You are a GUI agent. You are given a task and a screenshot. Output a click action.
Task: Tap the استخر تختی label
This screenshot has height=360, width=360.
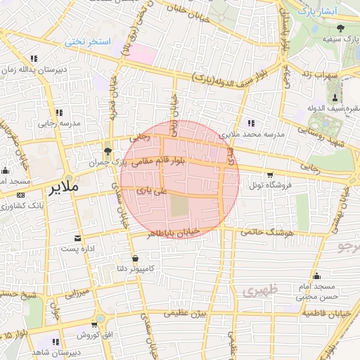pos(89,42)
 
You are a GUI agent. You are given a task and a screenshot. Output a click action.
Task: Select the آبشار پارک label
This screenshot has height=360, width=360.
pos(316,11)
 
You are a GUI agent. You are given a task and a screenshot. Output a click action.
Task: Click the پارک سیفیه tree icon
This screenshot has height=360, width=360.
pos(341,28)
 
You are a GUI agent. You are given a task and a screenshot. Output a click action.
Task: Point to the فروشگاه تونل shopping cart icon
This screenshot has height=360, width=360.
pos(270,174)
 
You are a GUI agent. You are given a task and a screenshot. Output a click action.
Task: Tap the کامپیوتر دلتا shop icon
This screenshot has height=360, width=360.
pos(135,258)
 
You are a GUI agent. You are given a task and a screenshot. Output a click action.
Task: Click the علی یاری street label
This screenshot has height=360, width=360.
pos(153,191)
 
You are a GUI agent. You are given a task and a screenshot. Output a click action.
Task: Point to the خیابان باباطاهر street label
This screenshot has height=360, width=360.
pos(173,231)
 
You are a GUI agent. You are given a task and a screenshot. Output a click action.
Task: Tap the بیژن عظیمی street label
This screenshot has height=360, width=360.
pos(201,314)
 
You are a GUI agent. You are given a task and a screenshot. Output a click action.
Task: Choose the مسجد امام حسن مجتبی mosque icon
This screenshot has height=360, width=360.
pos(317,275)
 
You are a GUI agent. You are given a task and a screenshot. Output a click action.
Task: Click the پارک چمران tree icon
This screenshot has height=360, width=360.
pos(107,151)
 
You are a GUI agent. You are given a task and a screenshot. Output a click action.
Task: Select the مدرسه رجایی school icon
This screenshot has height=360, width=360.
pos(57,112)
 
